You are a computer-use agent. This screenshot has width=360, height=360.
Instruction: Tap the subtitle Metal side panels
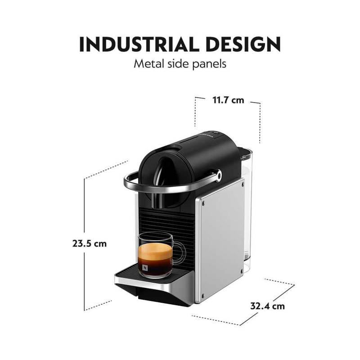(180, 63)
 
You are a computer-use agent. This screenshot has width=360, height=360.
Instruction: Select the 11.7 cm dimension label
(228, 100)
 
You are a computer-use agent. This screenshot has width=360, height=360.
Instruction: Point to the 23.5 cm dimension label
(90, 243)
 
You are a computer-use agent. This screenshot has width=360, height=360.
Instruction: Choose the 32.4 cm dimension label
(268, 306)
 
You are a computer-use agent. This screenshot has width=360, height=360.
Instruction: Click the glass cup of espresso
(155, 254)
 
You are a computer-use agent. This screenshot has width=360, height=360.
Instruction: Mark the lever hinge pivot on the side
(218, 175)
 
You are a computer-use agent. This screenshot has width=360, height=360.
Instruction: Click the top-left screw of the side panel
(202, 202)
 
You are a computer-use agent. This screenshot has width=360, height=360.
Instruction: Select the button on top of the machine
(215, 132)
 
